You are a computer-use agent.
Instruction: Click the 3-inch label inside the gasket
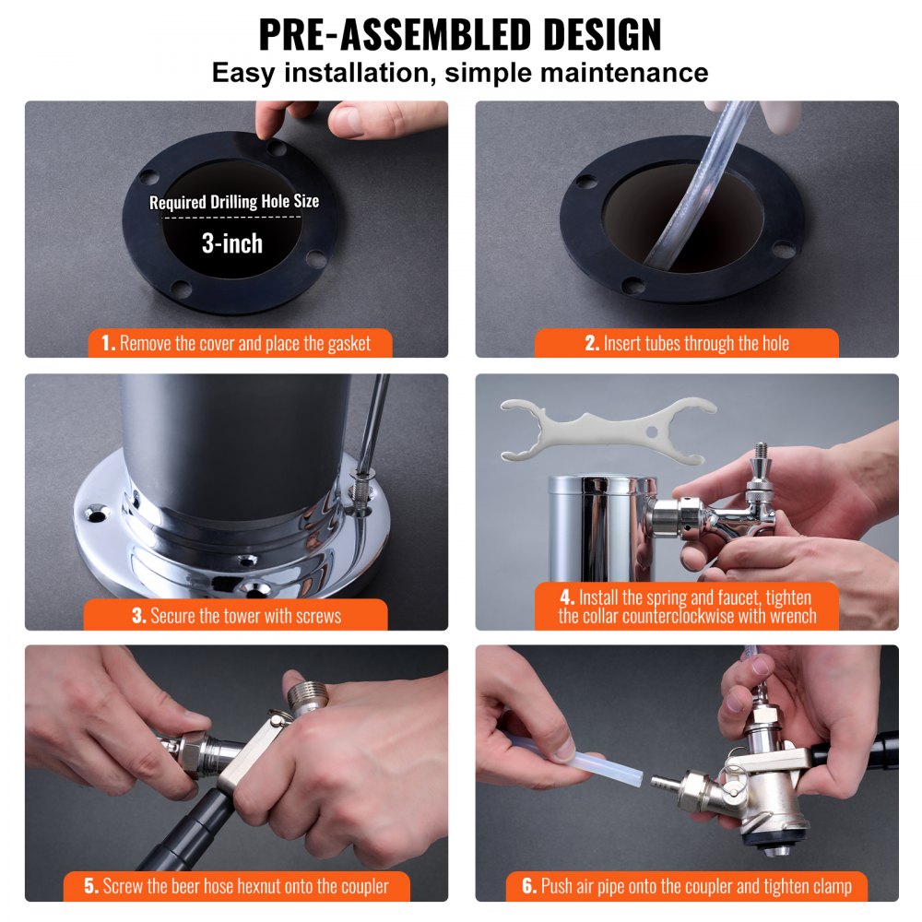point(232,243)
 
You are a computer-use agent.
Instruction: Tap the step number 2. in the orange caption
point(592,344)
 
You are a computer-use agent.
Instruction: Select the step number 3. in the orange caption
point(139,615)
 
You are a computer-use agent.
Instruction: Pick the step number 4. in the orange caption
point(566,597)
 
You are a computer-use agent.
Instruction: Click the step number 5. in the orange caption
point(91,887)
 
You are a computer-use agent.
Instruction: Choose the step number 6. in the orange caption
point(529,887)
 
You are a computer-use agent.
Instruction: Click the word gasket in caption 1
point(343,344)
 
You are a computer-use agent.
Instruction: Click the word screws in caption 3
point(315,615)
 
